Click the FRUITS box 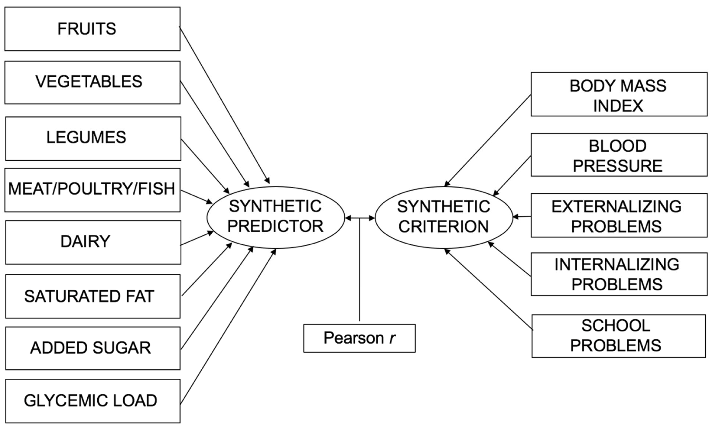click(92, 29)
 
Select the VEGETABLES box click(92, 82)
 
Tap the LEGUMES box click(93, 138)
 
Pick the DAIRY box click(93, 242)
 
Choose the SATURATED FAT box click(93, 296)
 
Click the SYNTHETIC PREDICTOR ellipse click(275, 217)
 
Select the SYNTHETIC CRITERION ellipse click(443, 217)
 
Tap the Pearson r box click(359, 338)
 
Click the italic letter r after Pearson click(392, 338)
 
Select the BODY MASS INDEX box click(619, 94)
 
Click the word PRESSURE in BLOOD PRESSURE click(618, 166)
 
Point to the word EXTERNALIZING click(616, 207)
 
